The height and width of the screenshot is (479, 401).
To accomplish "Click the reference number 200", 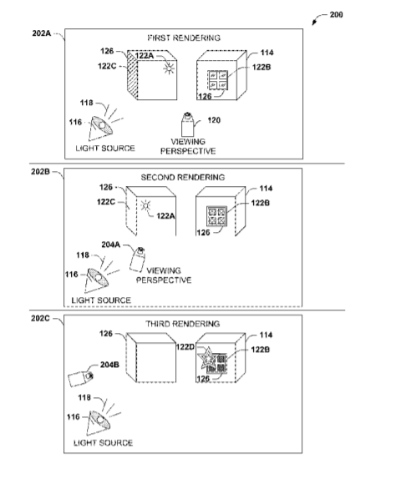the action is (336, 15).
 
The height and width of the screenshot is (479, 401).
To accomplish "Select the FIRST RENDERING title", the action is (184, 38).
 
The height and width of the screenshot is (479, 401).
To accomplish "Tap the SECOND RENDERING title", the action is (183, 177).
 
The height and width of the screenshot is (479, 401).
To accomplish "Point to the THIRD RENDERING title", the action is (183, 324).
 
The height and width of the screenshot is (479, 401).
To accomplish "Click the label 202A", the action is (42, 33).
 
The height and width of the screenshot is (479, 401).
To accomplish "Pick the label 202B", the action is (40, 172).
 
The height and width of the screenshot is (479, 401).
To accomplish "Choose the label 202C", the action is (40, 318).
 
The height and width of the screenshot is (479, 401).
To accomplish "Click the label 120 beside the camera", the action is (214, 120).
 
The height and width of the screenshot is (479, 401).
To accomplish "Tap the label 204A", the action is (111, 245).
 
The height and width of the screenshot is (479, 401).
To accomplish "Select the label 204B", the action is (109, 365).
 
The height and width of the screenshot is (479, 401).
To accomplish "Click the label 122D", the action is (185, 347).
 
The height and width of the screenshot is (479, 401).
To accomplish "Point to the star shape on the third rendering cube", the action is (207, 358).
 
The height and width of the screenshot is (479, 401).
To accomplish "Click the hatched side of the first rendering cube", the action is (132, 75).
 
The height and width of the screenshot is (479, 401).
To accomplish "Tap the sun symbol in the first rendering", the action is (169, 68).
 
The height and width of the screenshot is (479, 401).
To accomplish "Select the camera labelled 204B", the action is (80, 379).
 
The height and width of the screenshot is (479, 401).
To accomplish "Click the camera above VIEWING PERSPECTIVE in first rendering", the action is (187, 124).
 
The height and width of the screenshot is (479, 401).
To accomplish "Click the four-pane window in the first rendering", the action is (218, 80).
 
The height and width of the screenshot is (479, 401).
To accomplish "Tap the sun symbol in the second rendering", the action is (146, 205).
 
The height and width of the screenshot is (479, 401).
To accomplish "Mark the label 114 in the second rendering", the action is (266, 189).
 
